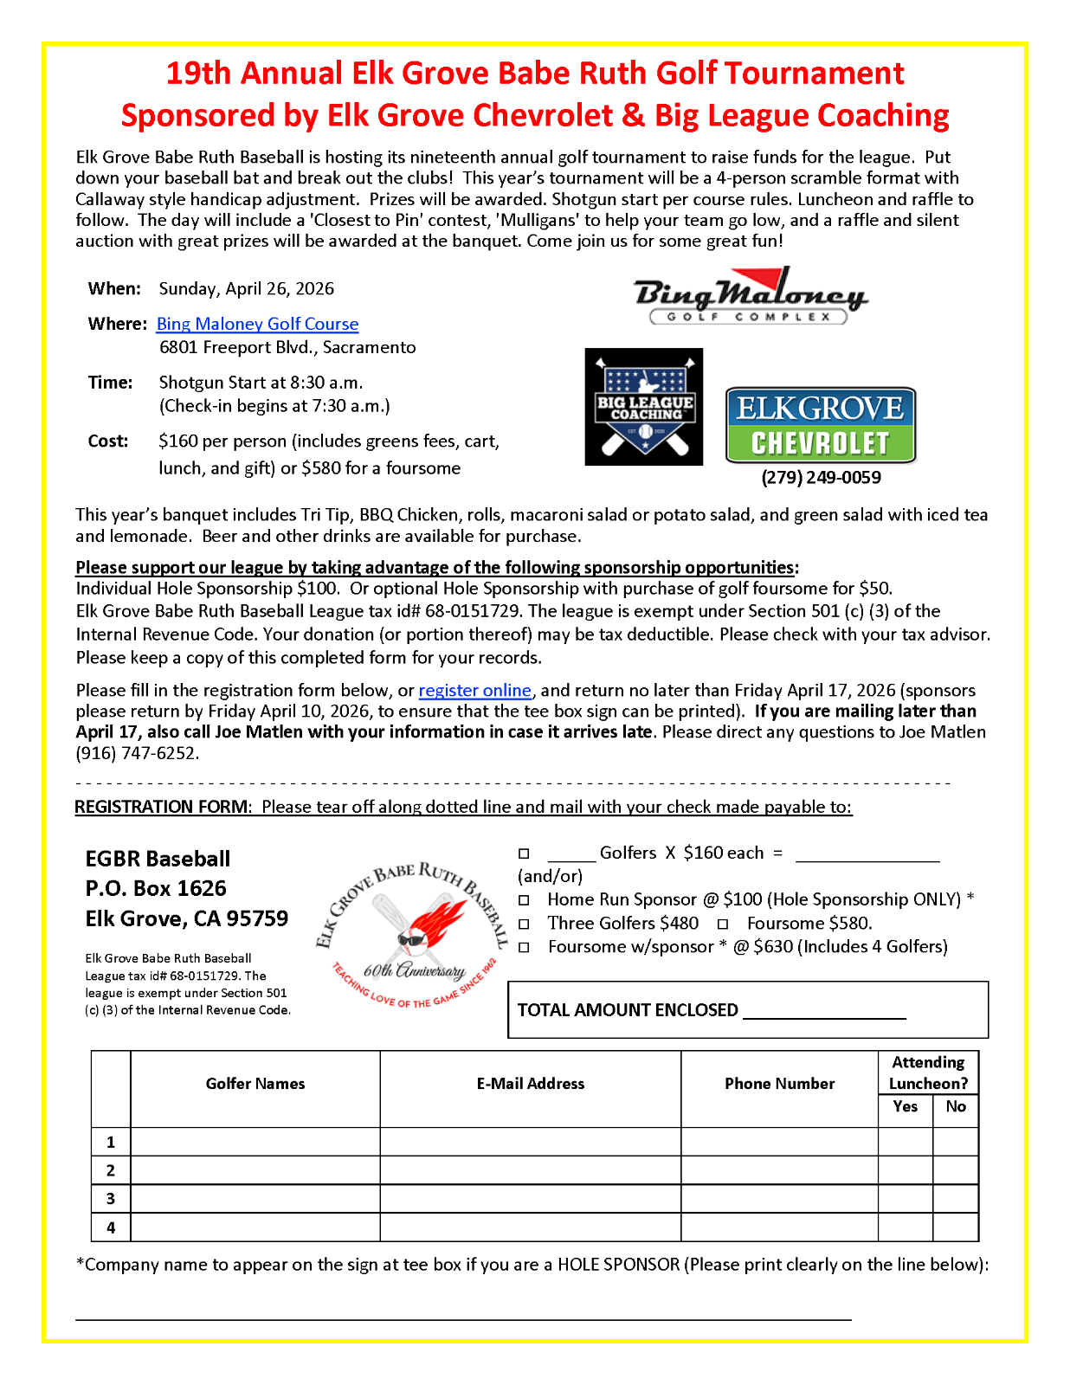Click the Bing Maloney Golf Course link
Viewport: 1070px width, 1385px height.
257,324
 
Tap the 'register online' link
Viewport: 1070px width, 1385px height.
474,691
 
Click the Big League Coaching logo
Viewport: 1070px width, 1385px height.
644,407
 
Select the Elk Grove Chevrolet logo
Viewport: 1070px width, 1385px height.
820,425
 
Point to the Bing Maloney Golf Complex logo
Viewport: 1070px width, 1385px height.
750,296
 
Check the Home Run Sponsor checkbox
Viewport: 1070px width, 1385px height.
524,900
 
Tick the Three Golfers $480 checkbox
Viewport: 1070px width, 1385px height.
524,924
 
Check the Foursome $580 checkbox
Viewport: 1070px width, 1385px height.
723,924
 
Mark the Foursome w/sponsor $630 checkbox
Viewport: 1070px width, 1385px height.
524,947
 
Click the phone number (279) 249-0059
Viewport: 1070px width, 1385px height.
821,478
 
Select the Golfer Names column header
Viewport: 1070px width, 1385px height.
255,1084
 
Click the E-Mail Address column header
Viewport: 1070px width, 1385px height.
530,1084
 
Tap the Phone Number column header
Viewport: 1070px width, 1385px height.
779,1084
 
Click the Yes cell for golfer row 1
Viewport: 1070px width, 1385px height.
906,1142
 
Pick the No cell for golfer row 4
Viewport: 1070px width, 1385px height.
956,1227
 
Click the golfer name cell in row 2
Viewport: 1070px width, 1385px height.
255,1170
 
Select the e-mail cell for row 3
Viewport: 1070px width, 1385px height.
530,1199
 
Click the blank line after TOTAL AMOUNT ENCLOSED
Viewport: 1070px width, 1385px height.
824,1011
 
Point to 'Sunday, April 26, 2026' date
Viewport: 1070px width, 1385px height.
246,289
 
